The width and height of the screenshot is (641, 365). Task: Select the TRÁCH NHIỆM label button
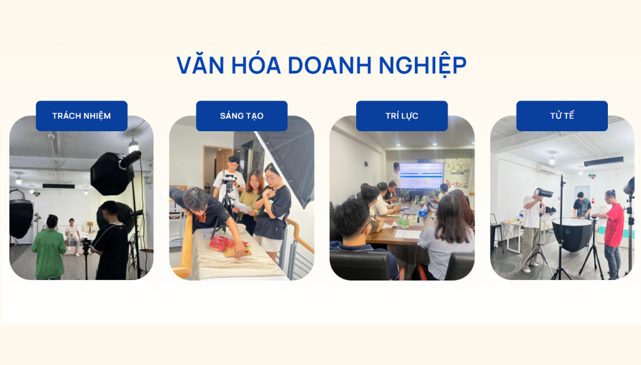tap(81, 116)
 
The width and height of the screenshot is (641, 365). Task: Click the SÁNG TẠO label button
tap(242, 116)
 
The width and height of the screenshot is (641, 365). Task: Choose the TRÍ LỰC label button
tap(402, 116)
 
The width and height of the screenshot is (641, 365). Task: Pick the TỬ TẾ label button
tap(562, 116)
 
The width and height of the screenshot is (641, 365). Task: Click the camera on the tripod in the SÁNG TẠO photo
tap(228, 182)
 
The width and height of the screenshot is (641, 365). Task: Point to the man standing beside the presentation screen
tap(396, 177)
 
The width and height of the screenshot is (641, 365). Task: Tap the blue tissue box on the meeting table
tap(423, 212)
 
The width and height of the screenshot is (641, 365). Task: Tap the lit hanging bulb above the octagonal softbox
tap(133, 147)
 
